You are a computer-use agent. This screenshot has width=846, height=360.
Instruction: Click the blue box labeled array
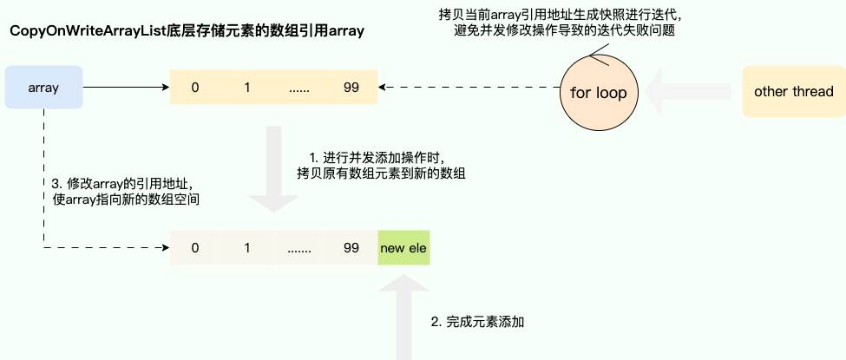[43, 87]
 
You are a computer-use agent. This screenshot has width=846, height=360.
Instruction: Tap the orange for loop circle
[598, 91]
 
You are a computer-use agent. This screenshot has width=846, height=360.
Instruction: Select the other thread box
[793, 91]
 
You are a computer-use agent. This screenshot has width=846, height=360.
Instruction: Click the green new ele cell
[403, 248]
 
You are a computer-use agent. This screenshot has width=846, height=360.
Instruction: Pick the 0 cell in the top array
[195, 88]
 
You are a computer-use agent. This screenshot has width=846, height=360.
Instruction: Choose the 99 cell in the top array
[351, 88]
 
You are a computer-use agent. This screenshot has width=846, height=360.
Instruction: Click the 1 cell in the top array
[247, 88]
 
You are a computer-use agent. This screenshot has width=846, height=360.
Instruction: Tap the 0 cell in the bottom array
[195, 248]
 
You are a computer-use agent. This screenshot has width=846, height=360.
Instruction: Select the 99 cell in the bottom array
[351, 248]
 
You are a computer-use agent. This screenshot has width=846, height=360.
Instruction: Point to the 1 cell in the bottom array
[247, 248]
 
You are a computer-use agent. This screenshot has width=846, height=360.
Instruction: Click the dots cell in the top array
[299, 88]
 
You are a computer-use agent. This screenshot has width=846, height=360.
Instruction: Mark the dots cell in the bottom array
[299, 248]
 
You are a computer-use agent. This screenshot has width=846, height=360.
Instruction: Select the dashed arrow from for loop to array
[469, 87]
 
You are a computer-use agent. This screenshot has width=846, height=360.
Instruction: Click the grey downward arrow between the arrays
[273, 169]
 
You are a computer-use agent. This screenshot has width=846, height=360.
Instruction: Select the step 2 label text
[478, 322]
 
